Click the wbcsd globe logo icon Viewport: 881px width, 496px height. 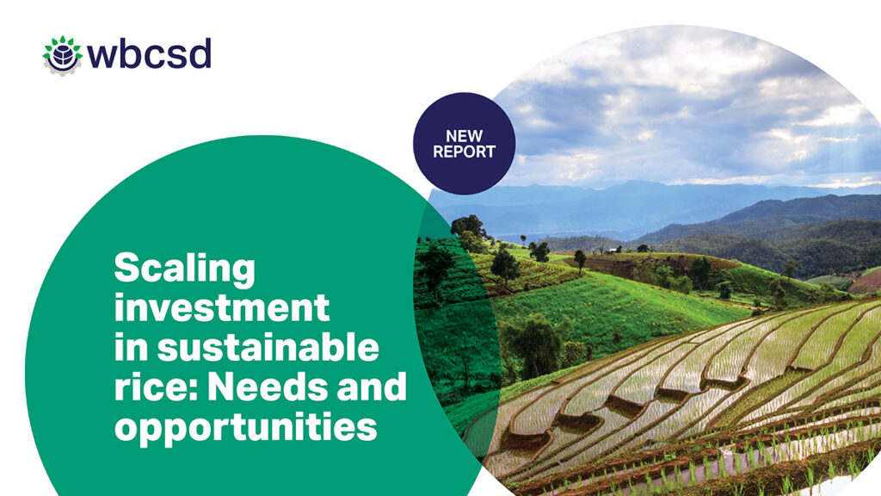click(x=62, y=55)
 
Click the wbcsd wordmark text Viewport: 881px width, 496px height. click(x=149, y=54)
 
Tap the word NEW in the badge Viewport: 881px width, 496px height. click(x=464, y=136)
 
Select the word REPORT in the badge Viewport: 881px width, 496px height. click(x=464, y=152)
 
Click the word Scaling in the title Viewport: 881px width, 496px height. click(x=184, y=269)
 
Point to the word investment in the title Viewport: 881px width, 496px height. click(x=222, y=307)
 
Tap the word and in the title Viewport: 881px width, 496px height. click(x=372, y=386)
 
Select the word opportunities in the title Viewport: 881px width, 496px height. click(x=245, y=427)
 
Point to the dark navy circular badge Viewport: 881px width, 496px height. click(x=464, y=144)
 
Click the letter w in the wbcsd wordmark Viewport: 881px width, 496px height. click(x=104, y=57)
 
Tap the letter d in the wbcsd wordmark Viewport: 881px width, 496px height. click(x=200, y=54)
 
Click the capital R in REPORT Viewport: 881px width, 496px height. click(x=438, y=152)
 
